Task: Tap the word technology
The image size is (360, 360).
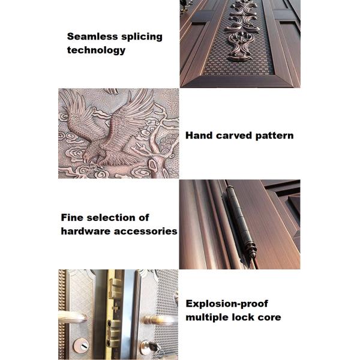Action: coord(96,50)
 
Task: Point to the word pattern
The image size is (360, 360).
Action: coord(274,136)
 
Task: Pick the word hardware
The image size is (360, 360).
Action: coord(86,231)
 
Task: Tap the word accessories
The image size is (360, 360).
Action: coord(146,232)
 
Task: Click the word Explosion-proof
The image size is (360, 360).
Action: coord(227,304)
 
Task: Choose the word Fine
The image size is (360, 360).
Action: coord(71,217)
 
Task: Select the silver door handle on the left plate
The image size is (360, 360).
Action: coord(72,317)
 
